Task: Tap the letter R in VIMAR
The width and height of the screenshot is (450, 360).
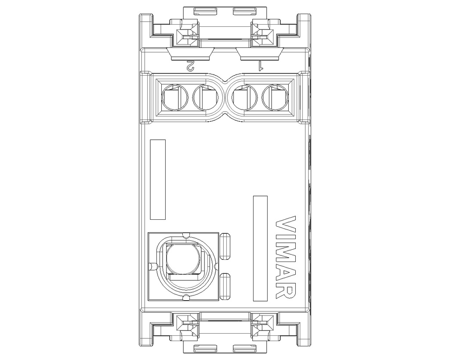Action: coord(286,291)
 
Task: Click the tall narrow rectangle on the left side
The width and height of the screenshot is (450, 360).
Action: coord(158,179)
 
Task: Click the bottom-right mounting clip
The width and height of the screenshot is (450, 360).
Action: coord(263,326)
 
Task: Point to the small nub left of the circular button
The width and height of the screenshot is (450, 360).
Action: coord(152,266)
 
